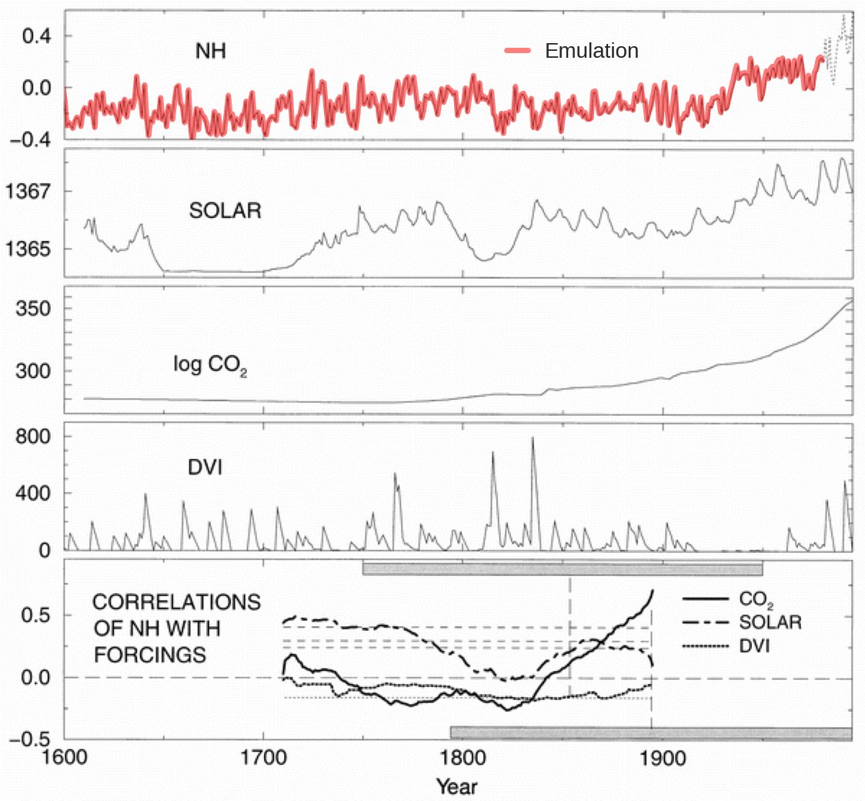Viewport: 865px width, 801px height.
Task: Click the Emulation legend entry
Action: coord(591,51)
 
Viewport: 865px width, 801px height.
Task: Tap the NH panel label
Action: coord(210,53)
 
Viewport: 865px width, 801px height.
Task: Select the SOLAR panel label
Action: coord(225,210)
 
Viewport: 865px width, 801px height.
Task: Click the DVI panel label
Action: coord(206,466)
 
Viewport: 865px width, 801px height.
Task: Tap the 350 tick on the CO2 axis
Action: coord(38,309)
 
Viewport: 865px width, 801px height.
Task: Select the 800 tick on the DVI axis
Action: coord(38,436)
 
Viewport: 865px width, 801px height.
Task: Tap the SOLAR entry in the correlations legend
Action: coord(770,622)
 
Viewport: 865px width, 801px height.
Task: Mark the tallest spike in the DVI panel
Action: coord(533,438)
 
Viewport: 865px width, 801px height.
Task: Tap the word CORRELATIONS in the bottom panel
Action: coord(176,602)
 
